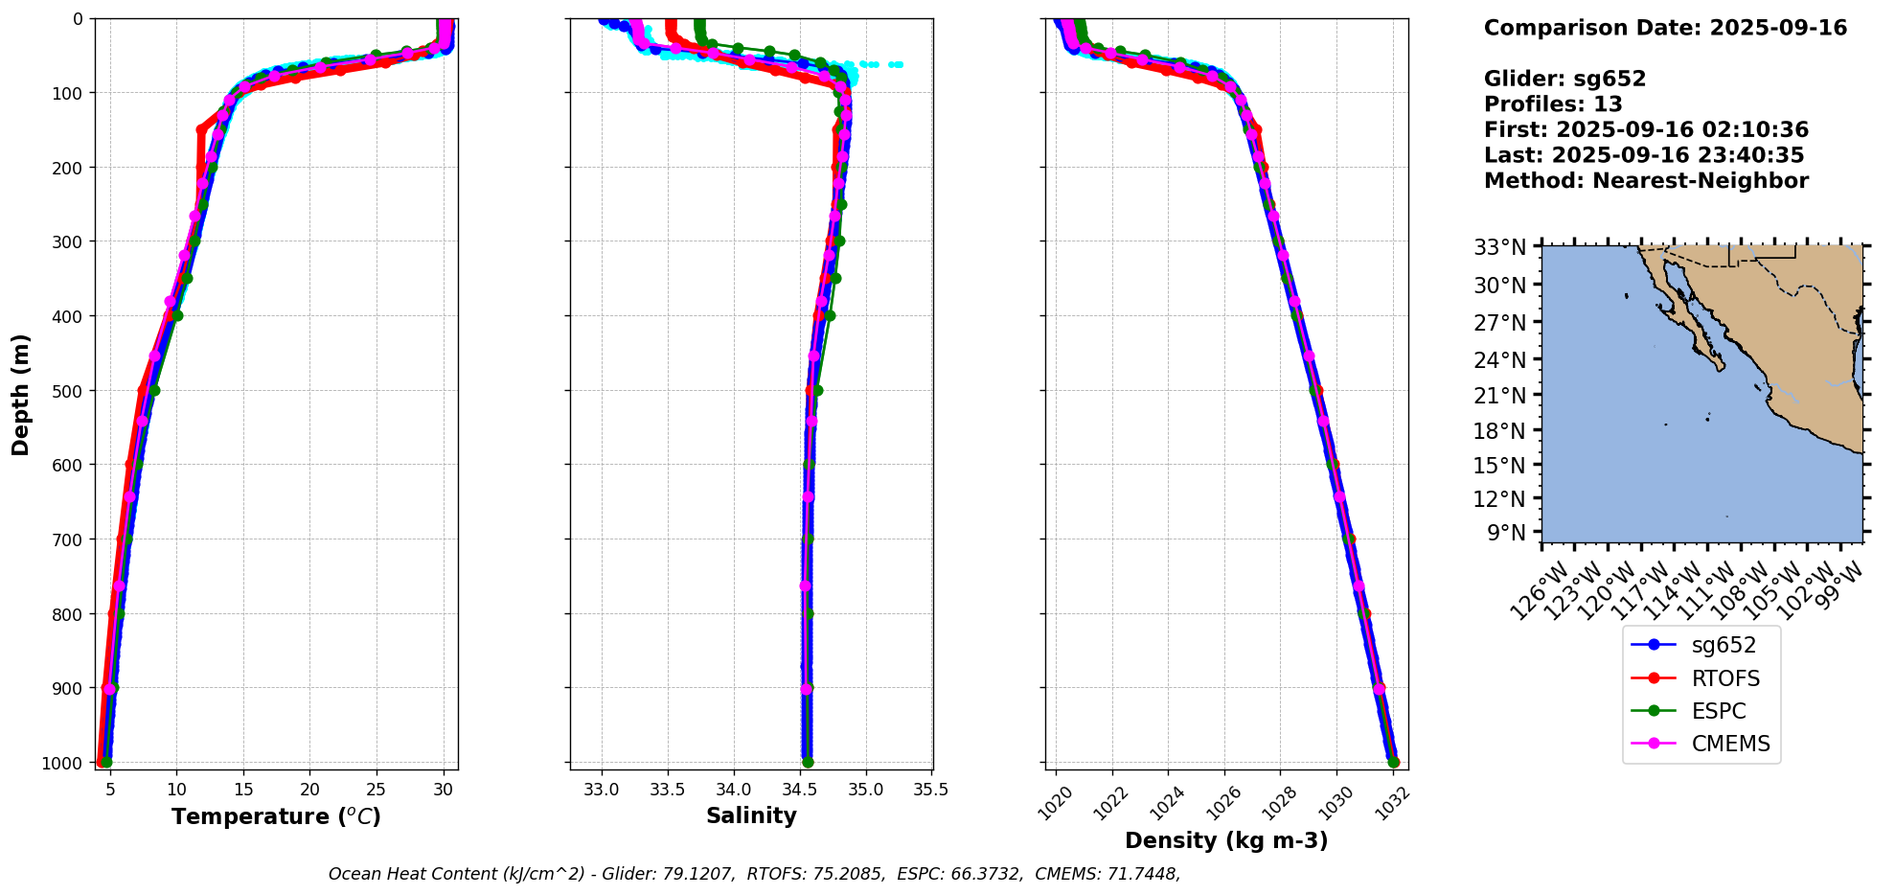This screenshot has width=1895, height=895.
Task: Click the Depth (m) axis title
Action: (x=21, y=394)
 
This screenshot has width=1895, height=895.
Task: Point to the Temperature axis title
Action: (x=276, y=816)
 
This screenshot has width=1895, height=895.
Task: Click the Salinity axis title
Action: (x=751, y=816)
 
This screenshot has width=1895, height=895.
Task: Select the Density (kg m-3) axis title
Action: (x=1226, y=841)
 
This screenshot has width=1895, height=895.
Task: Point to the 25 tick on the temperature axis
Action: (x=377, y=791)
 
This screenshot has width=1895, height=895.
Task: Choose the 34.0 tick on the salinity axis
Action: (x=733, y=791)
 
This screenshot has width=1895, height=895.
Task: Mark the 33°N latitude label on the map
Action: (x=1499, y=247)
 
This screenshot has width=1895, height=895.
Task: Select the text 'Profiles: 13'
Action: (x=1553, y=104)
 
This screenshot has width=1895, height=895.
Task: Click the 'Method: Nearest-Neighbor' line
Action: (x=1646, y=181)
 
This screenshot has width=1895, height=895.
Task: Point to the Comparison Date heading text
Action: (x=1665, y=28)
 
